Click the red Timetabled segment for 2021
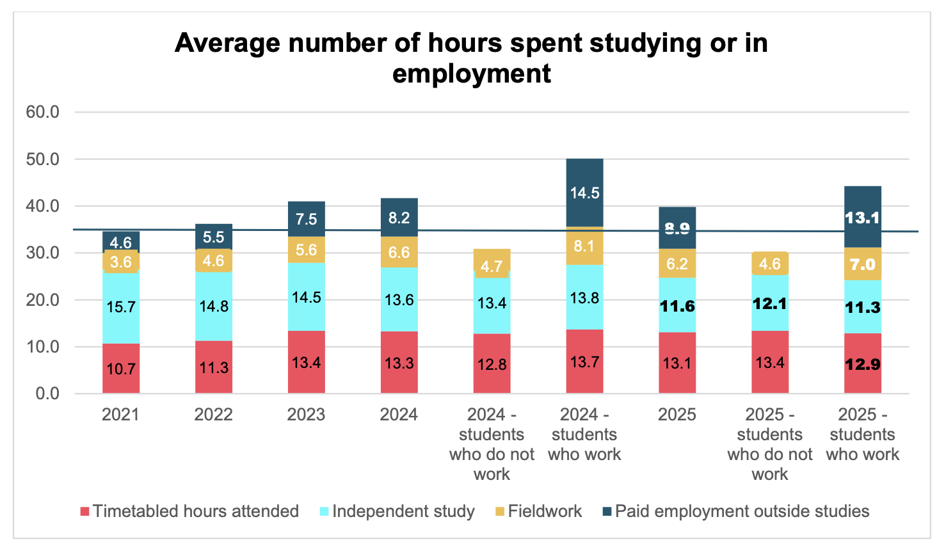121,368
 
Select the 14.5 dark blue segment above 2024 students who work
584,193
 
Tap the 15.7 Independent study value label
121,307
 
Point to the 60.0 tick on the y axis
42,112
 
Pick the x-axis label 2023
306,415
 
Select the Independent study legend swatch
324,512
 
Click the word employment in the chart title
471,74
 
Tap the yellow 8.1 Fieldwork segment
584,246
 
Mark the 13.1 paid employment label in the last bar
862,218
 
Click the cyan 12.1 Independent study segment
770,303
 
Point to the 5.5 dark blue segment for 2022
214,237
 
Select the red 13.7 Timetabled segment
584,362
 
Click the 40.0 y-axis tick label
42,206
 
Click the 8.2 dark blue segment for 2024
399,218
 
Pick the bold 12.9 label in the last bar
862,365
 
